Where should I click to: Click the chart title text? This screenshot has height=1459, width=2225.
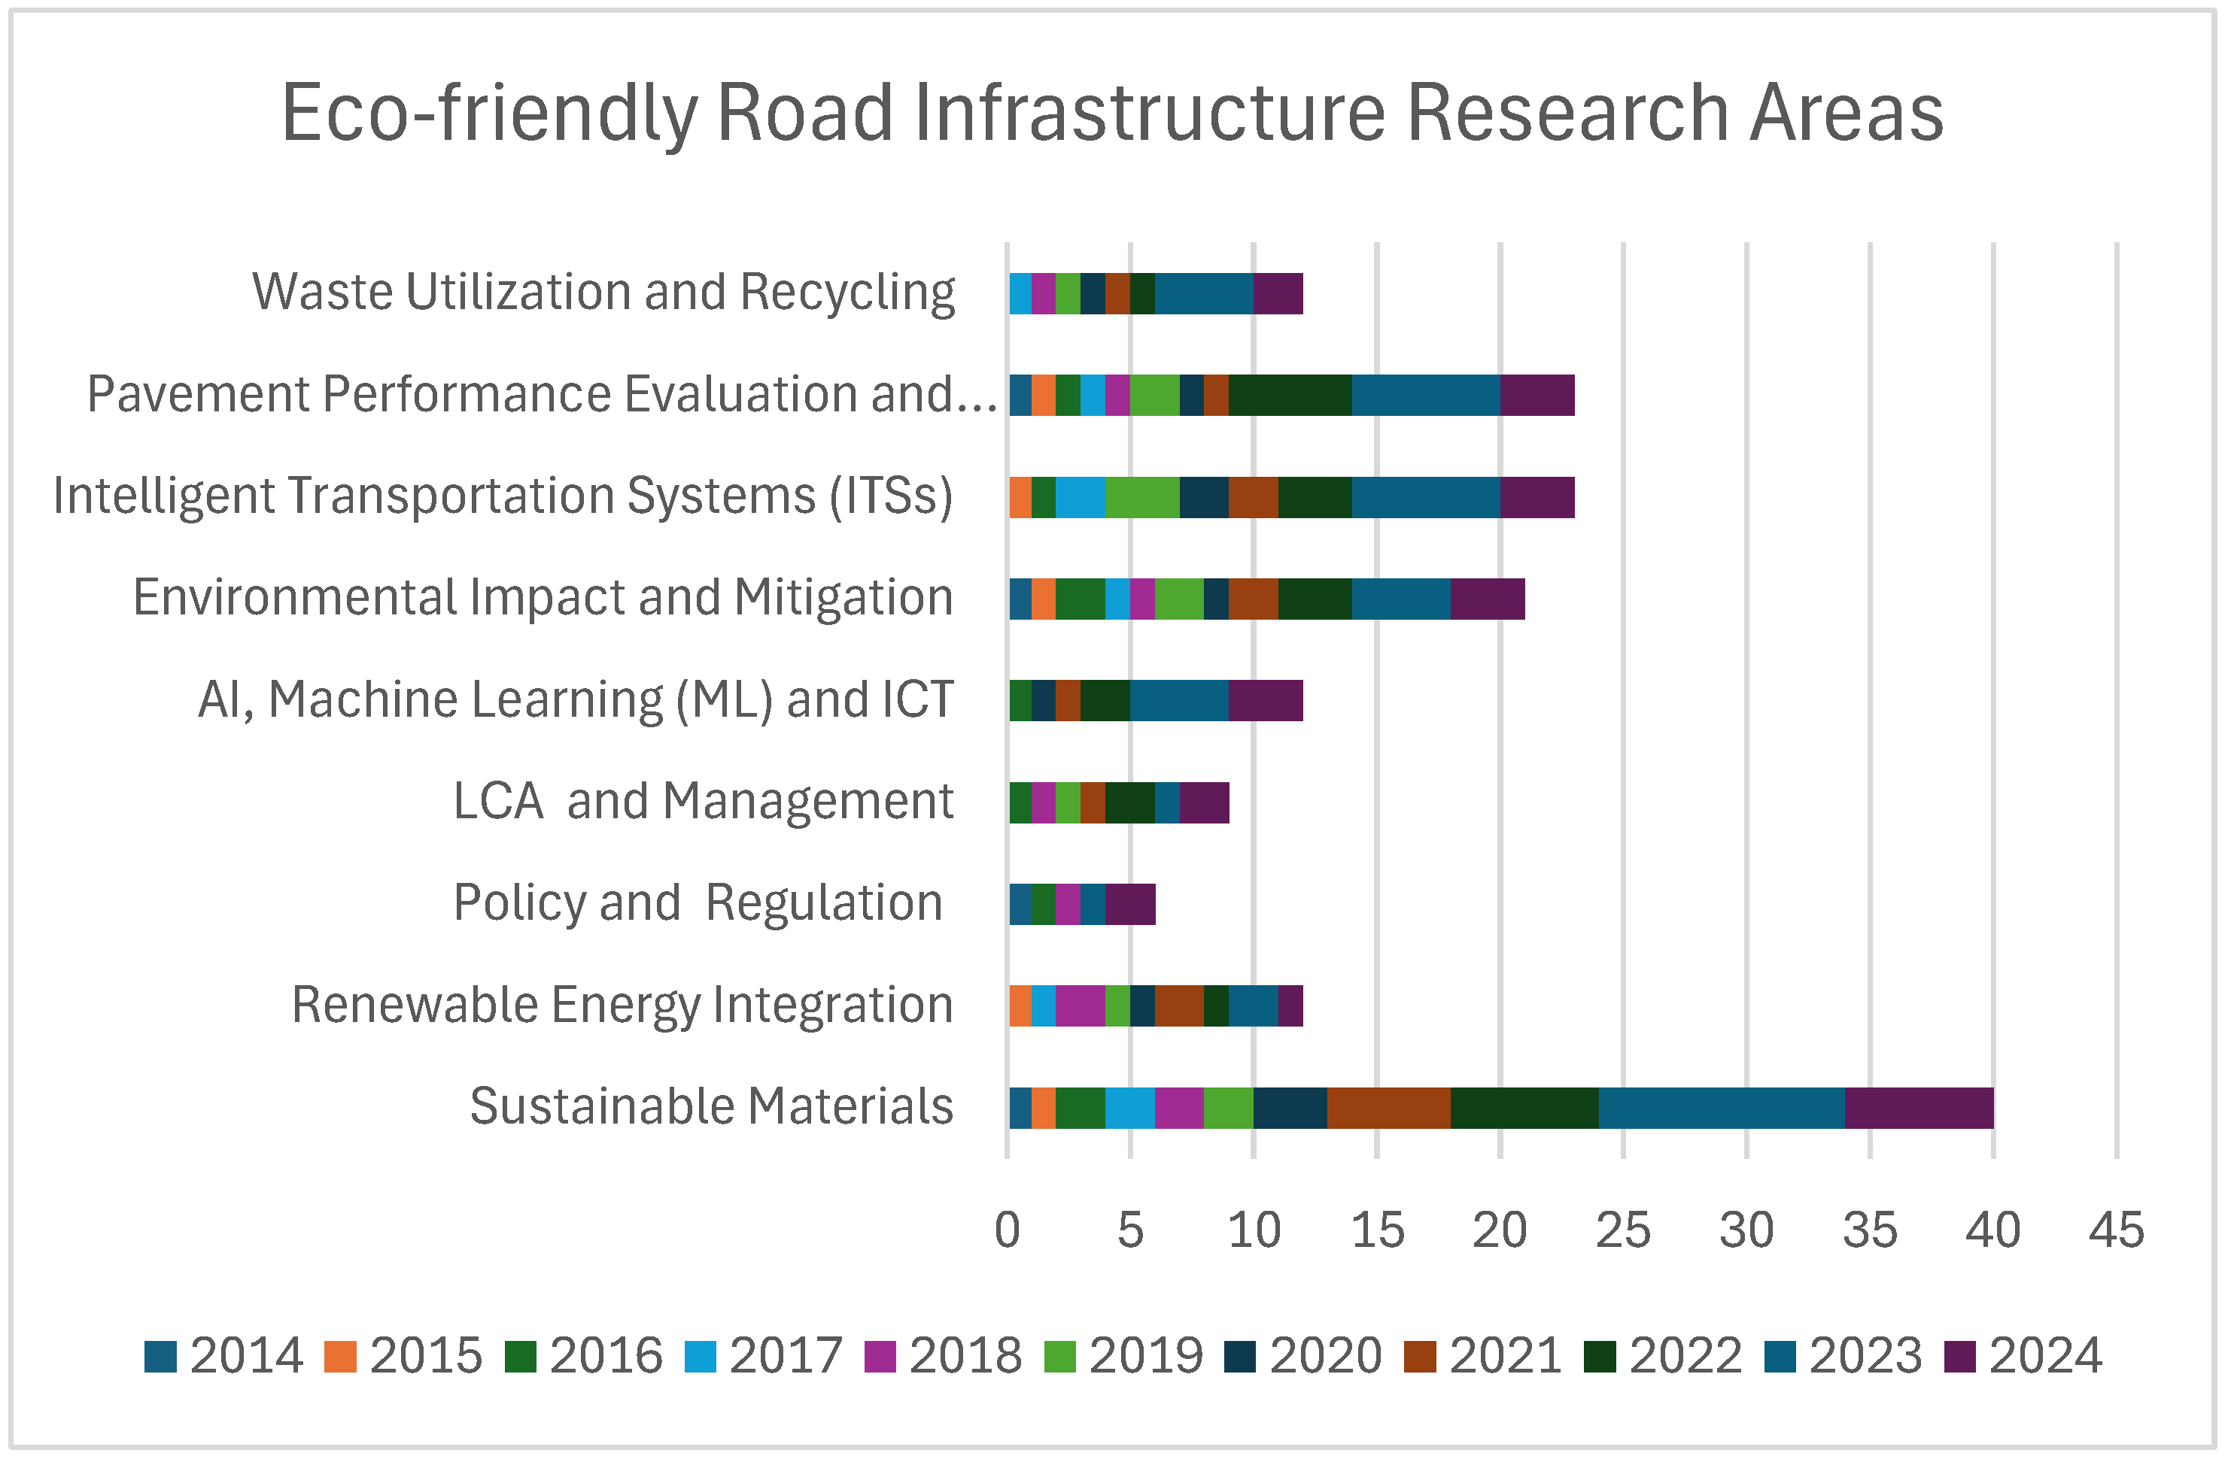click(x=1112, y=112)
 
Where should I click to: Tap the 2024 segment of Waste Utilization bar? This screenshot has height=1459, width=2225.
click(x=1277, y=293)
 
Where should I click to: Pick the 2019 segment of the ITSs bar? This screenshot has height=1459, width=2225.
click(x=1141, y=497)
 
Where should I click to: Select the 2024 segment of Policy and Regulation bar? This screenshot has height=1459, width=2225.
click(x=1129, y=904)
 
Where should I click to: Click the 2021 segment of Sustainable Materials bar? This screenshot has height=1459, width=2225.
click(x=1388, y=1108)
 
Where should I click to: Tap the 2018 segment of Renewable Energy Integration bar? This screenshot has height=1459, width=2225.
click(x=1080, y=1006)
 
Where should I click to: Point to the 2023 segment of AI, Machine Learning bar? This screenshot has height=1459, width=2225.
click(x=1179, y=701)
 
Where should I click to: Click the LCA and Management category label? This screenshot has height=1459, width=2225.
click(x=703, y=801)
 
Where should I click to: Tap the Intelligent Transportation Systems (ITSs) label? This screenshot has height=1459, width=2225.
click(x=503, y=496)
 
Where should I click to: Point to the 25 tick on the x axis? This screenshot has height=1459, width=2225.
click(x=1623, y=1230)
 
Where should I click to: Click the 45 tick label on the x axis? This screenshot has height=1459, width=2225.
click(x=2117, y=1230)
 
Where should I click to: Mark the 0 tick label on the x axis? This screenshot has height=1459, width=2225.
click(x=1007, y=1230)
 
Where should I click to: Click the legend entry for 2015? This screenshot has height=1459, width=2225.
click(x=403, y=1356)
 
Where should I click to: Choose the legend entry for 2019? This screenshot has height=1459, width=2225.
click(x=1122, y=1356)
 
